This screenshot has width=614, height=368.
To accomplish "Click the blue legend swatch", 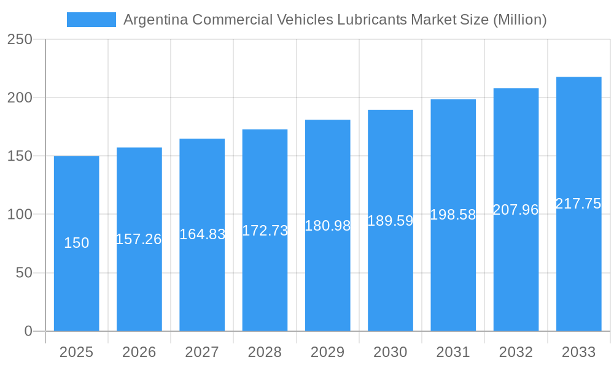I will coord(91,20).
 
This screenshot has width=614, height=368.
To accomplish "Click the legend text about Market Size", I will coord(335,20).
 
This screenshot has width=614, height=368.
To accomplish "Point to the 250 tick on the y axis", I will coord(20,39).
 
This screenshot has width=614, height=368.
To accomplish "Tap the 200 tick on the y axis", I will coord(20,98).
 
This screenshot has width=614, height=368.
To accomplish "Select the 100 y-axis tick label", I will coord(20,215).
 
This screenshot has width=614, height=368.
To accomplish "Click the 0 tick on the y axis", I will coord(28,331).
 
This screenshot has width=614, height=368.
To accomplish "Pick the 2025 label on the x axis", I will coord(76,352).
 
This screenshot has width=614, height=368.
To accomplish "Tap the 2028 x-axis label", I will coord(265,352).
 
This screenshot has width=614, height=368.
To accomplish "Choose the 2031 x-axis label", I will coord(453,352).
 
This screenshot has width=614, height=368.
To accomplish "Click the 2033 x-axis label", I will coord(578,352).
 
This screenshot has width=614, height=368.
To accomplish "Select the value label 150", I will coord(76,243).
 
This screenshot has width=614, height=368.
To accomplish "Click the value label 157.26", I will coord(139,239).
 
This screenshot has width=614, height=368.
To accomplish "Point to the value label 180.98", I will coord(327,226).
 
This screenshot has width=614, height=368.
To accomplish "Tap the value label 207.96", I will coord(516,210).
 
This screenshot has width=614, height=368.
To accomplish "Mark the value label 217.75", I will coord(578,204).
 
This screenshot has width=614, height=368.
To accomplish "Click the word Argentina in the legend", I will coord(155,20).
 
